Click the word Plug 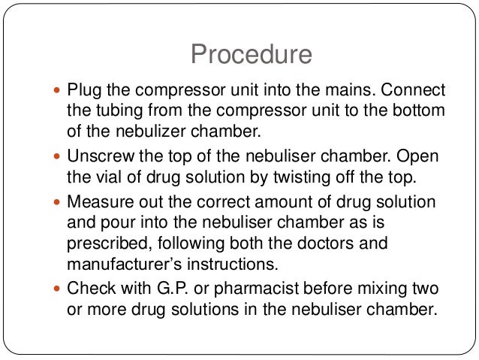[x=83, y=91]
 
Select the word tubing [x=113, y=110]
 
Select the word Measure [x=99, y=203]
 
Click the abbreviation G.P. [x=189, y=288]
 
